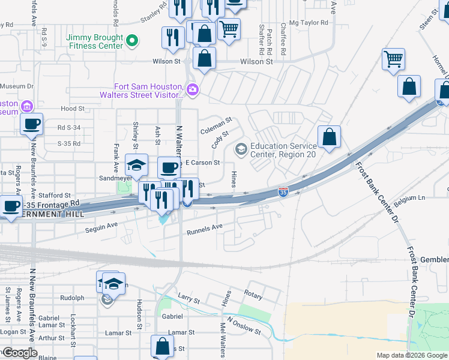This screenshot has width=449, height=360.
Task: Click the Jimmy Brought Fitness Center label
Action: [95, 41]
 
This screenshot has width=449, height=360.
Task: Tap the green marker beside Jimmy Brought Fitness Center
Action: [133, 41]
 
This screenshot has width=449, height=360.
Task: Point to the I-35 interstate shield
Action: [283, 192]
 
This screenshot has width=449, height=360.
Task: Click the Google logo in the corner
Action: [19, 353]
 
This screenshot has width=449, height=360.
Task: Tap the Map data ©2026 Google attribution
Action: [412, 355]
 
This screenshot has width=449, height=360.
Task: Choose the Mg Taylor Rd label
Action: [309, 23]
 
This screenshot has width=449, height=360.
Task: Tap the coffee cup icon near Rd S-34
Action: [32, 125]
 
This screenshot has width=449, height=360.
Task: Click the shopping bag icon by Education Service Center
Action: [330, 137]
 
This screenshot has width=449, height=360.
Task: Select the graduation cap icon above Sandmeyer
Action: [137, 165]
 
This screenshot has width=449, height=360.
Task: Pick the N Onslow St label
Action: [244, 329]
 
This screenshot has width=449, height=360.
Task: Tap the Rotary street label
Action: [253, 294]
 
